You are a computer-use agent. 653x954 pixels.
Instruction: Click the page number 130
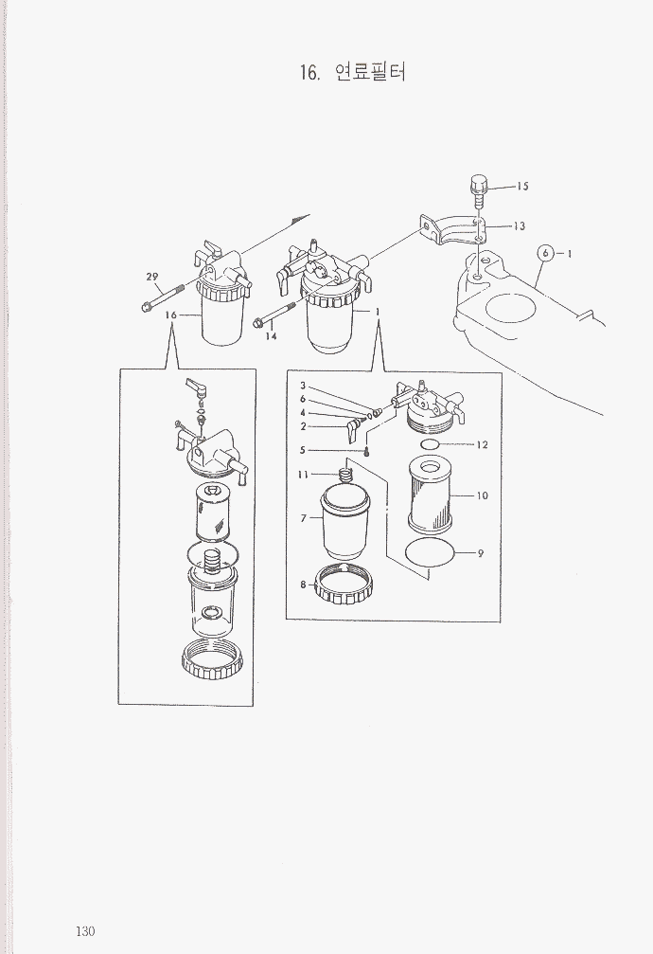[86, 931]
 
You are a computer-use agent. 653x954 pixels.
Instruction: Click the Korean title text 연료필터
[370, 72]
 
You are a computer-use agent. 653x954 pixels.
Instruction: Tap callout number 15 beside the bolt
[523, 187]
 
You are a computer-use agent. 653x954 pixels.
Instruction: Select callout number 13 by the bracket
[519, 226]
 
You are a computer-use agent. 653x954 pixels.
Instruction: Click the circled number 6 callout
[546, 253]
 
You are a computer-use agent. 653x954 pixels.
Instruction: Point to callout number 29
[152, 277]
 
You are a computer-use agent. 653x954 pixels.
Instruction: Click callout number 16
[171, 315]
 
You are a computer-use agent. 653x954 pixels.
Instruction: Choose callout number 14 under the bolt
[272, 336]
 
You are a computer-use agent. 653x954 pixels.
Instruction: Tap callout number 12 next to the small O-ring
[482, 444]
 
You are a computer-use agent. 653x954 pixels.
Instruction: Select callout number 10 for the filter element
[482, 495]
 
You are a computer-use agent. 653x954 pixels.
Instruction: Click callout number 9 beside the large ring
[481, 553]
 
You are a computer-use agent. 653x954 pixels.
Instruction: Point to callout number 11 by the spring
[304, 474]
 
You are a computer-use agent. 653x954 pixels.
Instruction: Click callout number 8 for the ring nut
[303, 585]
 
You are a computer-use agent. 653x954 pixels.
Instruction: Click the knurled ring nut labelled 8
[344, 585]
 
